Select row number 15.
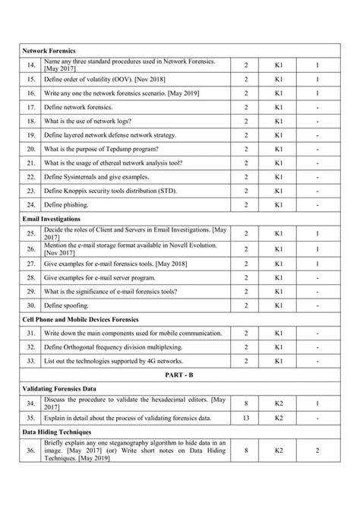[x=32, y=79]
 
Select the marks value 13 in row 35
[x=246, y=417]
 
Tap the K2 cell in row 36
[x=279, y=454]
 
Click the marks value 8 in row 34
[x=246, y=403]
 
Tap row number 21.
[x=32, y=163]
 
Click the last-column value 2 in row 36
[x=317, y=454]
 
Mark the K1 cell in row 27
[x=279, y=262]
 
